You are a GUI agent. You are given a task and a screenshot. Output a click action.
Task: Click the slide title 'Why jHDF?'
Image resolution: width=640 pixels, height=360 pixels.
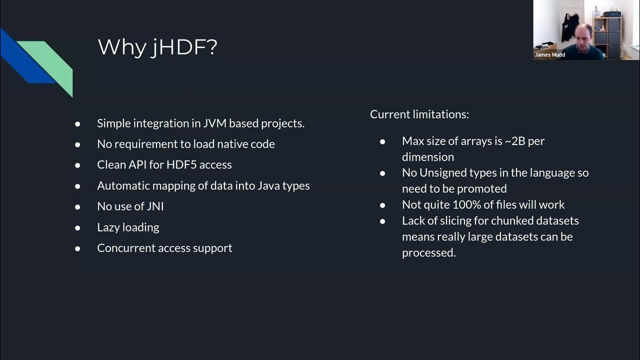157,47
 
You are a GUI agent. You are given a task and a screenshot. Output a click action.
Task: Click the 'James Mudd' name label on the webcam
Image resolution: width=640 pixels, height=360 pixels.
549,55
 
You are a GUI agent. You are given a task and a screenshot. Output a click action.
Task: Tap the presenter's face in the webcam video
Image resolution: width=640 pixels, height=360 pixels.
583,35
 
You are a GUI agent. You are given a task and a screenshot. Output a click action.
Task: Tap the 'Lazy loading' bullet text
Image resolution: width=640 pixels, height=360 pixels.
128,227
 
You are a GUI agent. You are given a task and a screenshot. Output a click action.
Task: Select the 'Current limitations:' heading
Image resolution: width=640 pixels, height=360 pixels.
419,114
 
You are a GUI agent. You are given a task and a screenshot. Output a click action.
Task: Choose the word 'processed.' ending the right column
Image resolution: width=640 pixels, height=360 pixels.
428,252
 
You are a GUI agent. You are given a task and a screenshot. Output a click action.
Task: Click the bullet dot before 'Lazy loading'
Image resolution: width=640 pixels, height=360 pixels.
77,227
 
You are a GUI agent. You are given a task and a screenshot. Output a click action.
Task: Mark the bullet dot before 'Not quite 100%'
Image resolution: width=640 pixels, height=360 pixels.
382,205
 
